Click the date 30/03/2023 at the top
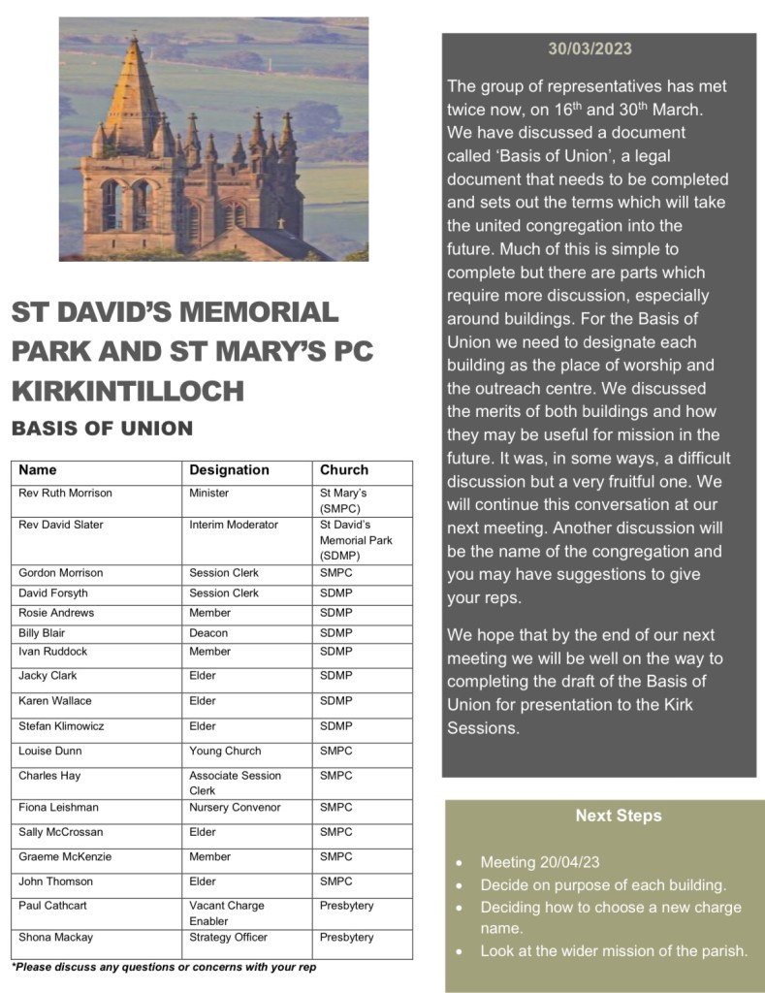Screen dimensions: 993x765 [x=590, y=48]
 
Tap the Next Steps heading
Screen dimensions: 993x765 [x=618, y=816]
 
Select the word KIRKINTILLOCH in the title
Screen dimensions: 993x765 [x=127, y=391]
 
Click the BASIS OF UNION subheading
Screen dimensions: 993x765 [x=102, y=428]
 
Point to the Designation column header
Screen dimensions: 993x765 [x=229, y=470]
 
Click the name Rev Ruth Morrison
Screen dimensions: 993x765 [x=65, y=493]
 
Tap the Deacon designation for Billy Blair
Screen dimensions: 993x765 [x=208, y=632]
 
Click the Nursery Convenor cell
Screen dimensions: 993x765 [x=235, y=807]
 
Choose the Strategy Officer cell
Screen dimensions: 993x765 [x=228, y=937]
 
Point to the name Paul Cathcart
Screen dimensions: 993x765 [x=53, y=905]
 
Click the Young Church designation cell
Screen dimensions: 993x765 [x=225, y=751]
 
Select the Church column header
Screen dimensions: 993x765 [x=344, y=470]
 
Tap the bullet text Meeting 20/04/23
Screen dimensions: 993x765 [x=534, y=862]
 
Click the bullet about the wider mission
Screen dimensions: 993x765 [x=614, y=950]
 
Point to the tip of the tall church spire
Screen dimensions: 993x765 [x=134, y=39]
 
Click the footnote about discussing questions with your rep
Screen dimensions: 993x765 [x=164, y=967]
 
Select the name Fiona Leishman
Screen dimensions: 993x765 [x=58, y=807]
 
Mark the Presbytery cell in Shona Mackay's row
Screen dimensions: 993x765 [x=347, y=937]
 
